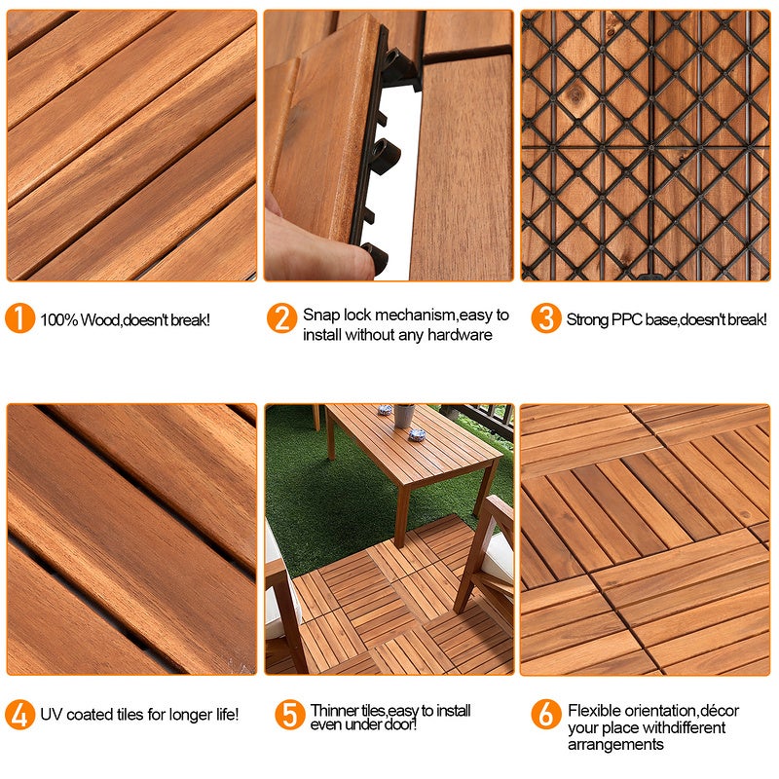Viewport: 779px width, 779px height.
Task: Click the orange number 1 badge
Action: point(19,318)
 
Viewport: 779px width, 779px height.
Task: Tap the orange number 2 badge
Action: point(281,318)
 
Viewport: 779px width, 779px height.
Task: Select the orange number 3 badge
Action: point(545,318)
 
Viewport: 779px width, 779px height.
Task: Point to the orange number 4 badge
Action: point(19,714)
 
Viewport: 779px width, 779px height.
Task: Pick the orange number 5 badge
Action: point(289,714)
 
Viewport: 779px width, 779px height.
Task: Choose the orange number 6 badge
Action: point(545,714)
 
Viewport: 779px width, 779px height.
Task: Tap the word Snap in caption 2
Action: point(319,315)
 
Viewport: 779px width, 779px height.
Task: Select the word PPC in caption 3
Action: point(627,319)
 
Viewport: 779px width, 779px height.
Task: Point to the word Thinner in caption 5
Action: point(334,711)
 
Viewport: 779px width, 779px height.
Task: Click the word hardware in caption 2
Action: point(459,335)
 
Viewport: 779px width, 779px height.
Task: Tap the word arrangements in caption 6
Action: point(615,745)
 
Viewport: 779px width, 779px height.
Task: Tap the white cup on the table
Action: point(404,416)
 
